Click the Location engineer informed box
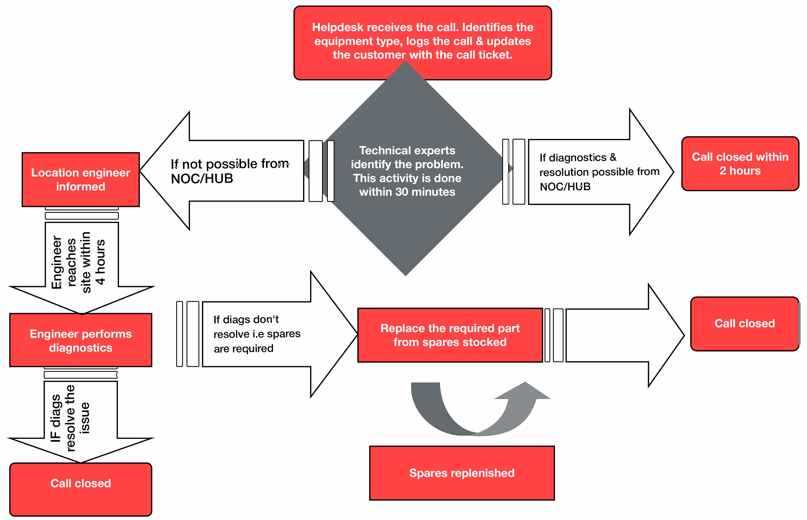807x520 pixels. pos(81,180)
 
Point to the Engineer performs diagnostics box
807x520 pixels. pos(81,340)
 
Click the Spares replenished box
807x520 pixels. pos(462,473)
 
